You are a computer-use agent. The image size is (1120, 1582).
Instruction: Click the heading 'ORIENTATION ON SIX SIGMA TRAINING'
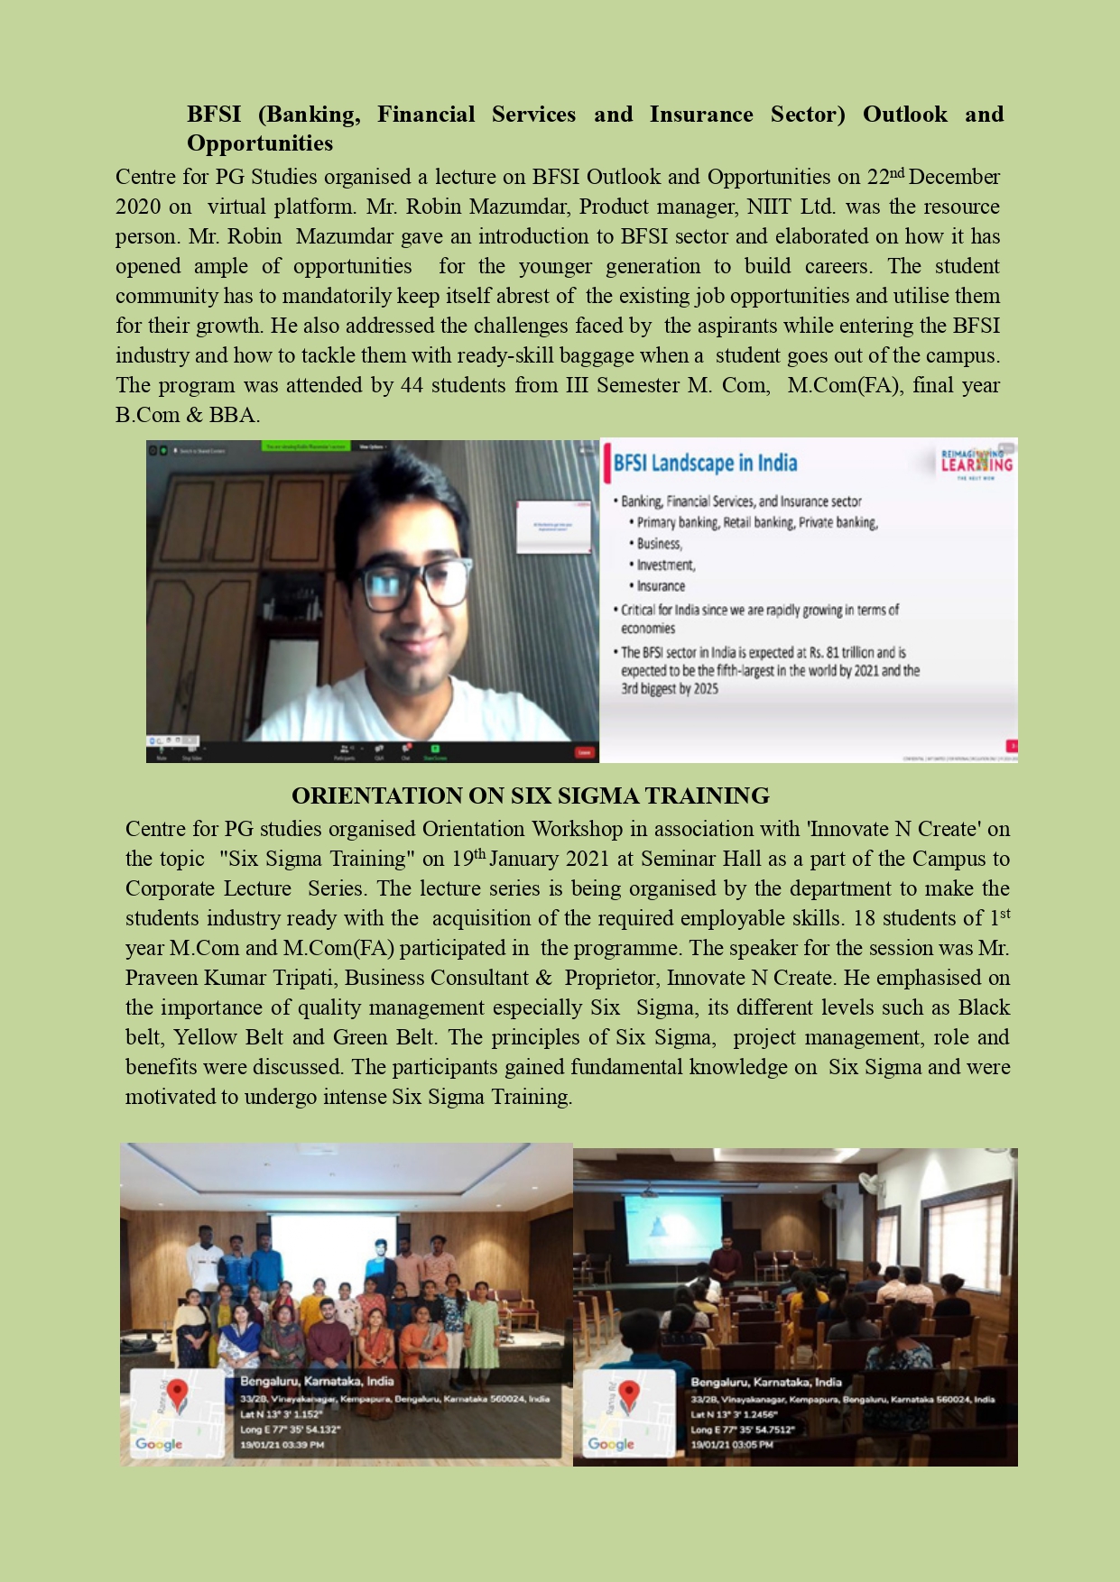530,796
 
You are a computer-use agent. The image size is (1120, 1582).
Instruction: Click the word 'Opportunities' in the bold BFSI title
260,143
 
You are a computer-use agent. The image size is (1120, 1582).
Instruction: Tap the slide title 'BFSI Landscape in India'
705,464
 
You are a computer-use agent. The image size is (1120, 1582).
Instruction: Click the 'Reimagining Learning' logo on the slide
977,462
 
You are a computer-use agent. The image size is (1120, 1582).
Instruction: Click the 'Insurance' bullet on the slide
661,586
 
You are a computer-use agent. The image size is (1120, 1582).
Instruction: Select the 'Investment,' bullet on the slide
666,566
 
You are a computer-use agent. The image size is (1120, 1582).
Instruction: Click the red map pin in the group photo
177,1396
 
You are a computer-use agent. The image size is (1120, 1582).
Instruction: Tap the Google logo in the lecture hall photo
611,1444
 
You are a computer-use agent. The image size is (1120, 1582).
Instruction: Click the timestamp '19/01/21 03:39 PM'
282,1445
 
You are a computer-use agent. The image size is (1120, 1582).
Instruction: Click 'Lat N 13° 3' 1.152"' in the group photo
281,1414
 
